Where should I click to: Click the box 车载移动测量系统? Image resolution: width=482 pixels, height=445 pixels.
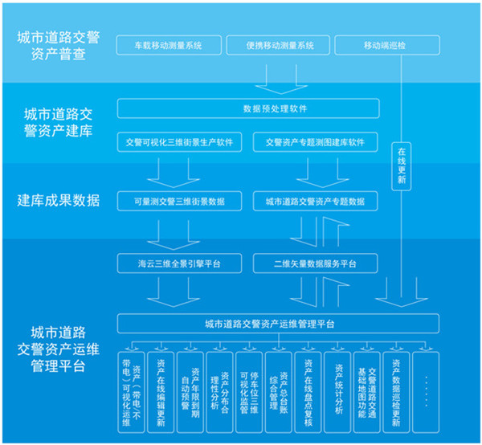(x=169, y=45)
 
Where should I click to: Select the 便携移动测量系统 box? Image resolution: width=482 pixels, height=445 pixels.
(x=280, y=45)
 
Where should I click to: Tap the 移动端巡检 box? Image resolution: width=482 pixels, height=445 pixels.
(x=385, y=45)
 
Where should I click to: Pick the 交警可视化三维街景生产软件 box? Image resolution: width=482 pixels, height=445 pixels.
(x=179, y=143)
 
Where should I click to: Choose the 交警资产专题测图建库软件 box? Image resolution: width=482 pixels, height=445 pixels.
(x=315, y=143)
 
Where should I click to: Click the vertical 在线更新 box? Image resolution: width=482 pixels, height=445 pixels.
(x=402, y=165)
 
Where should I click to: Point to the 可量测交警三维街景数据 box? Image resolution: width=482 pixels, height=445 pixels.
(x=179, y=201)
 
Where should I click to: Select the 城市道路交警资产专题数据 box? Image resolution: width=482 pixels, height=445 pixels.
(x=315, y=201)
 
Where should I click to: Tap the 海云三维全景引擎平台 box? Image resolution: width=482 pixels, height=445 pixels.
(x=179, y=263)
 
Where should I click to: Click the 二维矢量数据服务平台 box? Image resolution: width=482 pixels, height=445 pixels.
(x=315, y=263)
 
